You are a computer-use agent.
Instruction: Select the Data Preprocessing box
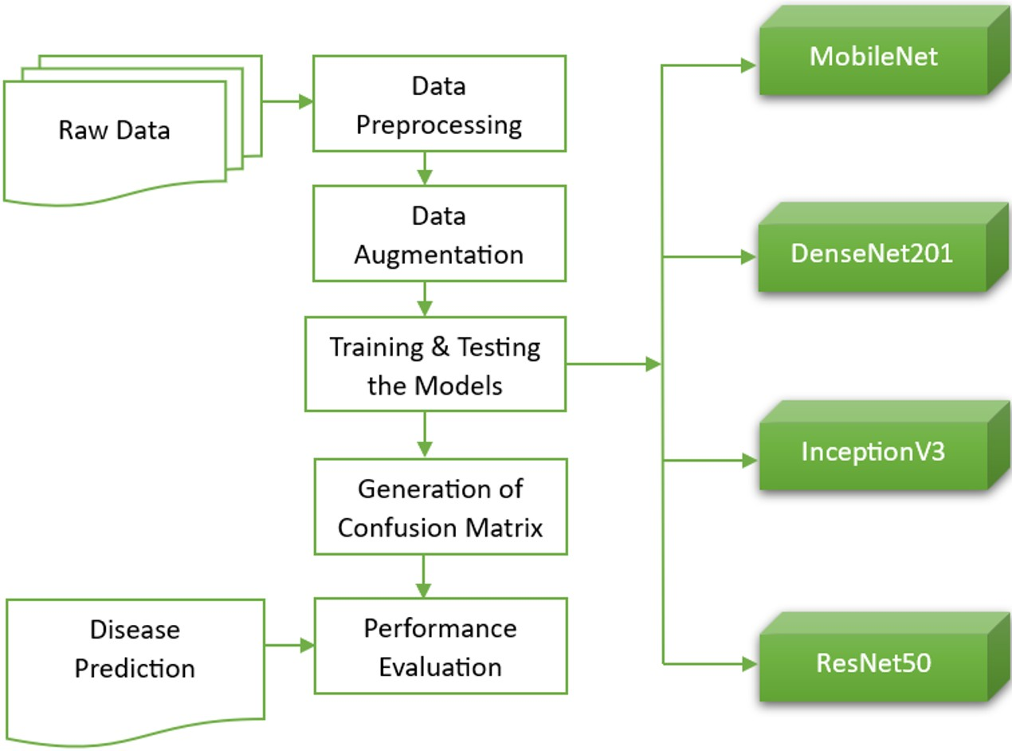439,104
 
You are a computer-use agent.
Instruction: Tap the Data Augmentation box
439,234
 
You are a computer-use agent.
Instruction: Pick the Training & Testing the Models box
435,364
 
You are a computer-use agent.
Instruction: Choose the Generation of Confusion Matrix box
440,506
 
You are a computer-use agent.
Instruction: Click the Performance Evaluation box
440,646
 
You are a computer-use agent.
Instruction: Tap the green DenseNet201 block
872,254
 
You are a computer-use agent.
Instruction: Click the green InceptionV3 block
873,452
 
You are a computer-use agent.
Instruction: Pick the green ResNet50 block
873,663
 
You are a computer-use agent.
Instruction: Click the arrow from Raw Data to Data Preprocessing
287,102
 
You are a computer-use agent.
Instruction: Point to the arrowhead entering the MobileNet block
748,65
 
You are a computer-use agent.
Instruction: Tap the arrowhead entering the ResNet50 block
748,663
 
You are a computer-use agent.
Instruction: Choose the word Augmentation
439,255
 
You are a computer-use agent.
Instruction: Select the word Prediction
135,668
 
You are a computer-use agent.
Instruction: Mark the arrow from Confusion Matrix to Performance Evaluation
423,576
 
